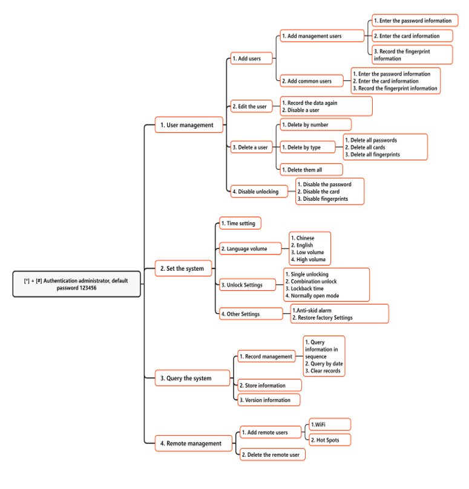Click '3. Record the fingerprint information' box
click(412, 55)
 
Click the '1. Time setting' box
click(240, 224)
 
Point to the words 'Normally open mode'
click(315, 296)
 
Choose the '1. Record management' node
click(267, 357)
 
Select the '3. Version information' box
click(268, 400)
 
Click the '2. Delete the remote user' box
click(272, 455)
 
